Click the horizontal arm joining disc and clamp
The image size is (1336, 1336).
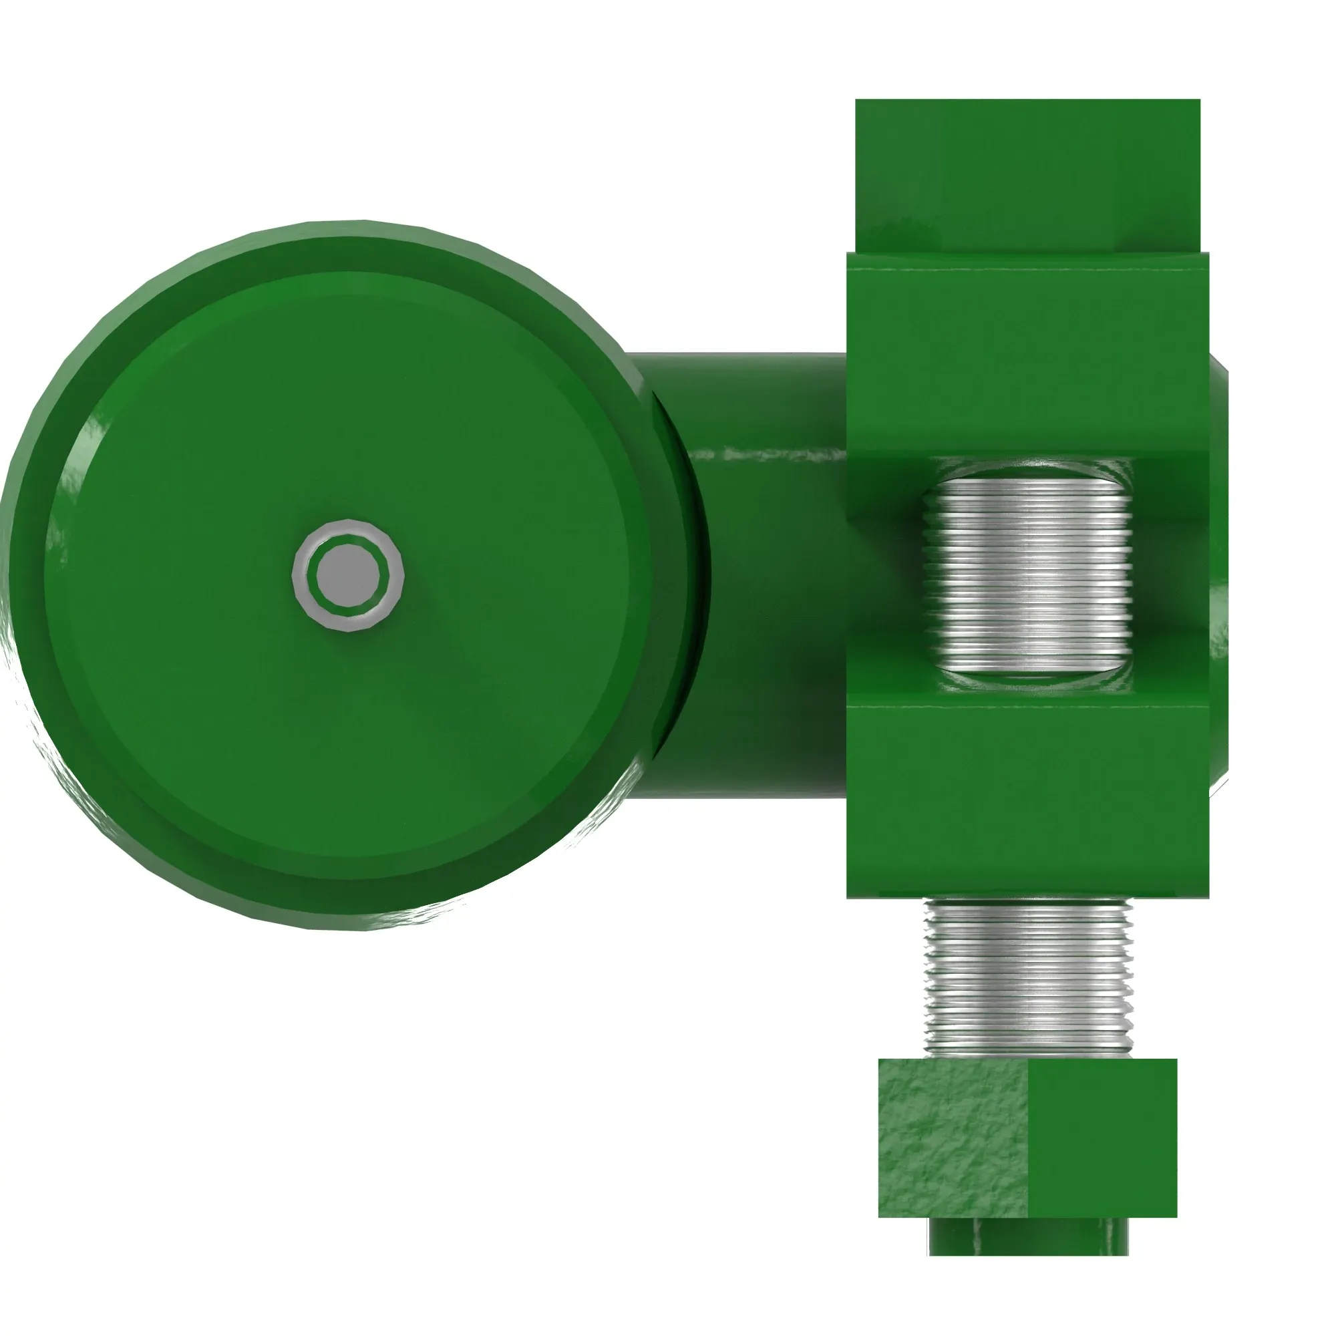pyautogui.click(x=768, y=553)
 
